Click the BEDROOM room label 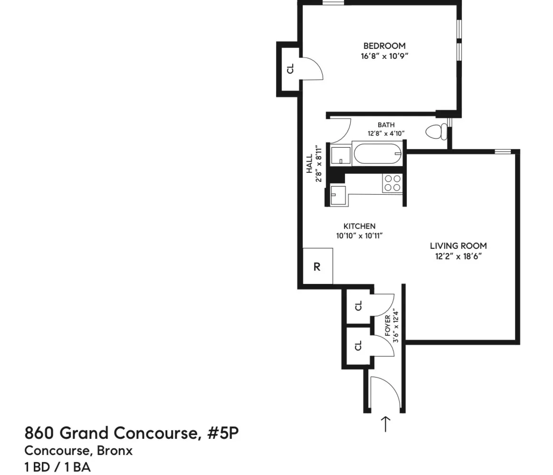(384, 46)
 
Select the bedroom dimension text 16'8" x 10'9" (384, 56)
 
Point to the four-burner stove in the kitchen (392, 183)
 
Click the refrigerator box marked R (317, 266)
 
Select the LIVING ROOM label (458, 246)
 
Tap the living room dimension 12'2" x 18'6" (458, 256)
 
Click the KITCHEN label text (360, 226)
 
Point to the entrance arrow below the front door (385, 424)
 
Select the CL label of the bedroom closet (290, 68)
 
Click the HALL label (309, 163)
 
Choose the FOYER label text (387, 325)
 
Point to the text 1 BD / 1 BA (57, 467)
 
